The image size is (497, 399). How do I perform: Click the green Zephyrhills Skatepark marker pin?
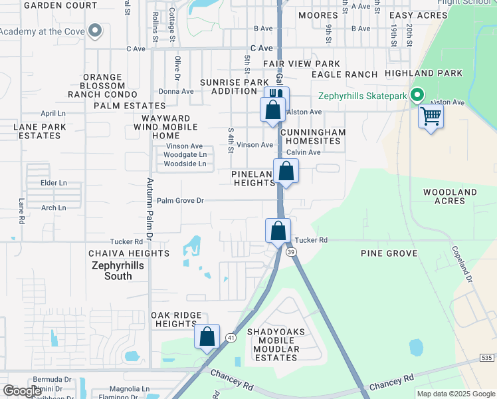click(x=417, y=96)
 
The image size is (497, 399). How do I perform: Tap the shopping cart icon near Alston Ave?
click(x=431, y=117)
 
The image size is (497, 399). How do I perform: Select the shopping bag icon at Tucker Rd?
click(x=278, y=231)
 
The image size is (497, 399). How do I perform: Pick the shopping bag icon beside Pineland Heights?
click(x=286, y=172)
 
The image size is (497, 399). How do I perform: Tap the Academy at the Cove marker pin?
click(x=94, y=31)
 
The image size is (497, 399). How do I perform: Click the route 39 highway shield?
click(x=291, y=251)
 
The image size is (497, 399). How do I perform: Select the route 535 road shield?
click(x=487, y=358)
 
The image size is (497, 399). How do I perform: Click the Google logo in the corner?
click(x=23, y=391)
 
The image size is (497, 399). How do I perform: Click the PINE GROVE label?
click(x=389, y=253)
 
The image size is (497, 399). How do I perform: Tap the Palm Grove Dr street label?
click(x=180, y=200)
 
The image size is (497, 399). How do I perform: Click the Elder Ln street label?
click(x=54, y=183)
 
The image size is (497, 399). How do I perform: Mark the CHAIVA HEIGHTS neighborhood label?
click(x=129, y=253)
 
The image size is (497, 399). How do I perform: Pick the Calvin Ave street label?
click(x=303, y=152)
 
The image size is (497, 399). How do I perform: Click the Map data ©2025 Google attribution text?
click(x=455, y=394)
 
